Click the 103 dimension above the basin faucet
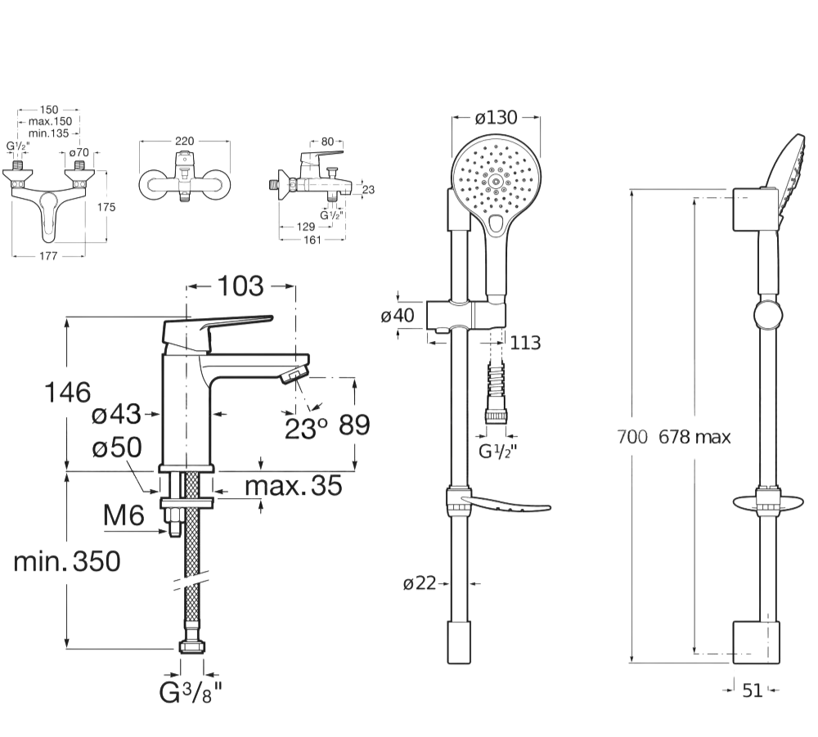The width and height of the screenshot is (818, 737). coord(240,285)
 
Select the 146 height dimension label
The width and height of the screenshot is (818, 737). coord(68,393)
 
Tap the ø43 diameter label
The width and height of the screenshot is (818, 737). coord(116,416)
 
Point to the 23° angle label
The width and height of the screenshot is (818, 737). coord(306,429)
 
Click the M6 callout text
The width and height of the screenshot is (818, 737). coord(124,515)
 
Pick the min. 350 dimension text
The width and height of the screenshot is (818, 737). coord(67,561)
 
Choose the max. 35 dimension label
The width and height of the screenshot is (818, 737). coord(293,486)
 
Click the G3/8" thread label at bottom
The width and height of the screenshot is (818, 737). coord(191,693)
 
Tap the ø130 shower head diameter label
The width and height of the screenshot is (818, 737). coord(497,117)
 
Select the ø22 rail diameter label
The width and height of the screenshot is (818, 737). coord(420,583)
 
